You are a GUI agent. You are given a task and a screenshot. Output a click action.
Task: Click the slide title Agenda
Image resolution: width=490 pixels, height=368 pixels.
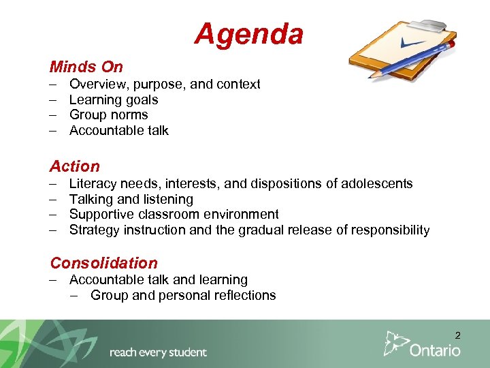tap(248, 33)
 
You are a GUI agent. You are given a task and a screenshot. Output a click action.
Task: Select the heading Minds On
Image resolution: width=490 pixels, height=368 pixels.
tap(86, 67)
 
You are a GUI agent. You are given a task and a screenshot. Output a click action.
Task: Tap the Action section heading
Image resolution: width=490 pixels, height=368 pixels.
tap(75, 166)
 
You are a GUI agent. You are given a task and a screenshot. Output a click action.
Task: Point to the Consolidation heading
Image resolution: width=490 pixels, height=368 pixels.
tap(103, 263)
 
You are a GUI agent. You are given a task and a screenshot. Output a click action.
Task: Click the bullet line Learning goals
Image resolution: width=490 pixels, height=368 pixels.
tap(114, 99)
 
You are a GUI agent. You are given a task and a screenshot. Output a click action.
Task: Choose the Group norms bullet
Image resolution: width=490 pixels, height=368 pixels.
tap(108, 114)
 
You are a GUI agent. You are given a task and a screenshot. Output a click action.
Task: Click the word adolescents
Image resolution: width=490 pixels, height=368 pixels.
tap(376, 183)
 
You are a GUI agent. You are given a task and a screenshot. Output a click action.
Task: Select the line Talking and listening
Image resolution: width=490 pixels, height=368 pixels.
tap(131, 199)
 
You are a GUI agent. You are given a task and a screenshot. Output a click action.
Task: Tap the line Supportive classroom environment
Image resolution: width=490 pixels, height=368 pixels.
tap(174, 214)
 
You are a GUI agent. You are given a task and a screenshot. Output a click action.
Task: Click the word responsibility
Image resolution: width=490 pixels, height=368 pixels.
tap(390, 230)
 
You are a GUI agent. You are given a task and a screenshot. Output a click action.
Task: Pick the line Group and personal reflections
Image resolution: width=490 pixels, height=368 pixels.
tap(183, 295)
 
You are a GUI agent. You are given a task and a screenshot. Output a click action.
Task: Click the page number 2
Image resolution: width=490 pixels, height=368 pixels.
tap(457, 335)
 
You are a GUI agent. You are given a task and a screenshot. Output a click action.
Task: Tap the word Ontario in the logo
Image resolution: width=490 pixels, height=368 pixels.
tap(435, 350)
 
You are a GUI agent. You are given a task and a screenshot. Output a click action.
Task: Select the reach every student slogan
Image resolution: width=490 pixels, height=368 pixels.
tap(158, 352)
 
